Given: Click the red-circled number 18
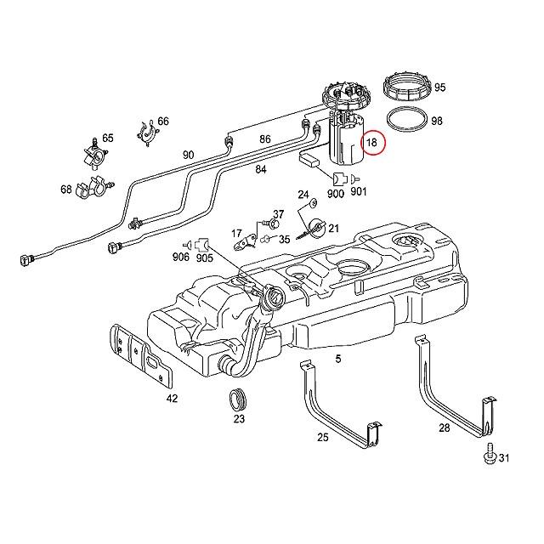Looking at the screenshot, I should (371, 143).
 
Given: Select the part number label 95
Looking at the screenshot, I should (439, 88).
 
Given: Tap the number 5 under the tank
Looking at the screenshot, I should (337, 360).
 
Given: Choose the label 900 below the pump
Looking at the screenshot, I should (335, 194).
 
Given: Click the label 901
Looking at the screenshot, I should (358, 194).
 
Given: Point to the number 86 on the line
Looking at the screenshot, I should (265, 139).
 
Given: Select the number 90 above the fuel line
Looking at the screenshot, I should (188, 155).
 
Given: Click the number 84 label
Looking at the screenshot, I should (260, 169).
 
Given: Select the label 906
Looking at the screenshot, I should (180, 258).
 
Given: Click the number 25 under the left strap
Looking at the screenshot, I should (322, 437).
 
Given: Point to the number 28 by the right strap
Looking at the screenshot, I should (444, 428).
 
